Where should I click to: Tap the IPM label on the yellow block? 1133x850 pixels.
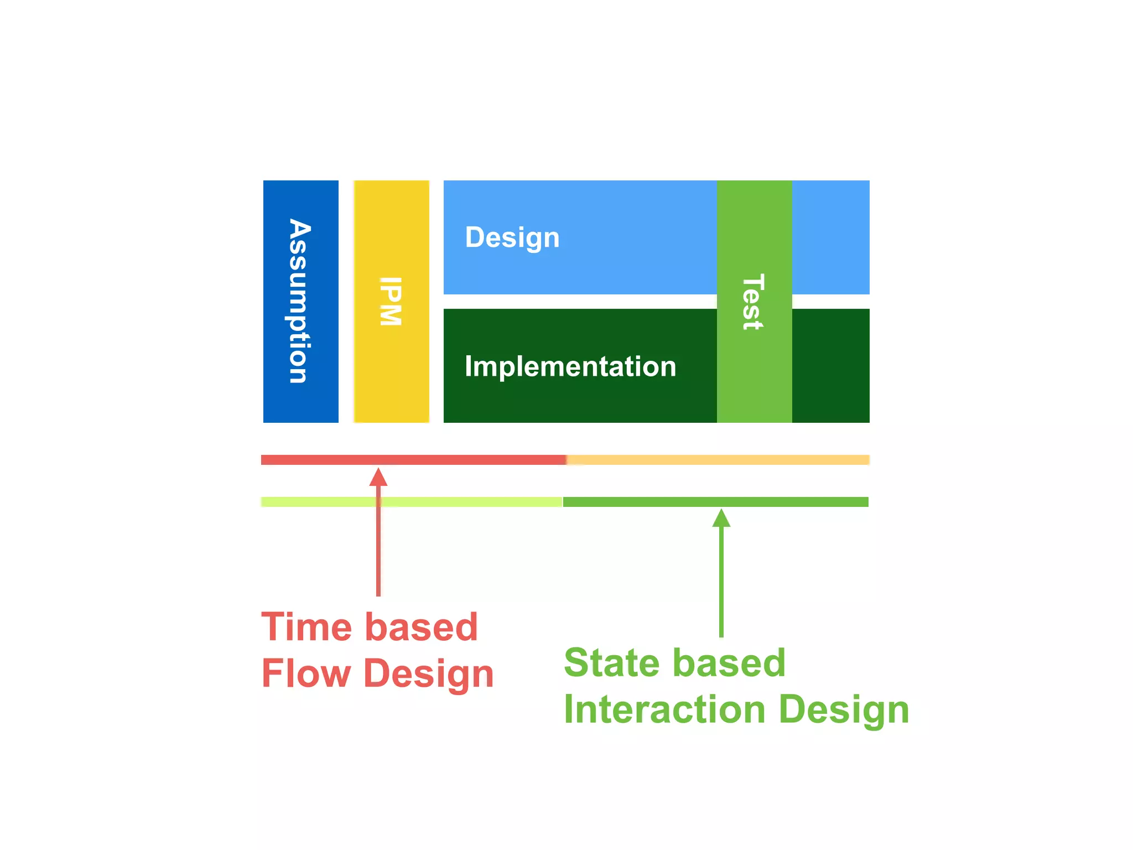391,301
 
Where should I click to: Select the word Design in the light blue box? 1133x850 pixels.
512,237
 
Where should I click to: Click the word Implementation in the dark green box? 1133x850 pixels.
570,366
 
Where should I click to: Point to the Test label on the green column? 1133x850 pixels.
753,302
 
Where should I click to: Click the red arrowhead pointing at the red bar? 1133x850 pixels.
378,477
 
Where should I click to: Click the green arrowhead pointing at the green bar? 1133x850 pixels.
721,519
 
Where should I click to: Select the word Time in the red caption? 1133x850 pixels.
306,627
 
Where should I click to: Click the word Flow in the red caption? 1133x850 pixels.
306,673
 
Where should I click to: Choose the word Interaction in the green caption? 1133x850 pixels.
664,709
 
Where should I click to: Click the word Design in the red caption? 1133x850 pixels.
428,674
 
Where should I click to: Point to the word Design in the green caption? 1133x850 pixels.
844,710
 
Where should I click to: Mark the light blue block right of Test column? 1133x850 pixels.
830,237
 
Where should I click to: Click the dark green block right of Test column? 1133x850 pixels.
830,366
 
